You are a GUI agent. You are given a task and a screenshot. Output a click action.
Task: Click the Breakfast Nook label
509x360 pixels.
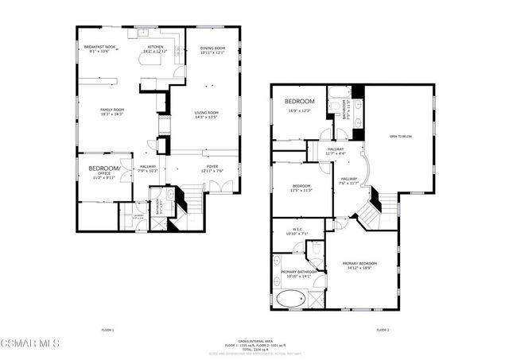(x=100, y=47)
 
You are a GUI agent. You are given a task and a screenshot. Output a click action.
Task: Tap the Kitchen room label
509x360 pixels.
(x=155, y=47)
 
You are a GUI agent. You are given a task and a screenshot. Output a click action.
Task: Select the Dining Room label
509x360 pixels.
(x=212, y=48)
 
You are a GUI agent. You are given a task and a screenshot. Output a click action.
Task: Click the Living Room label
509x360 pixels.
(x=207, y=113)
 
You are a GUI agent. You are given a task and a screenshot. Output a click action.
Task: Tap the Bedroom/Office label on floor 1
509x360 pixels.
(x=103, y=168)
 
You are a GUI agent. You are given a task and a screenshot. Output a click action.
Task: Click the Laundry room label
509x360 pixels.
(x=138, y=215)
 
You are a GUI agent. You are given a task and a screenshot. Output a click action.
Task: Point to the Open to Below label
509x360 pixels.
(x=401, y=137)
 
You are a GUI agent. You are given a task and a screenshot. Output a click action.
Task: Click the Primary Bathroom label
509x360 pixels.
(x=299, y=272)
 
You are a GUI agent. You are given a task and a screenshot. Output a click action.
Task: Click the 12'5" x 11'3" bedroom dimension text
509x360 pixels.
(x=301, y=190)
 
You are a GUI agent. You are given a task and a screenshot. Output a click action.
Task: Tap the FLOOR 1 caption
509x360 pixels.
(x=107, y=329)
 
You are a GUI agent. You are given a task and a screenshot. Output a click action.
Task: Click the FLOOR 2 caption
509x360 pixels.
(x=383, y=329)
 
